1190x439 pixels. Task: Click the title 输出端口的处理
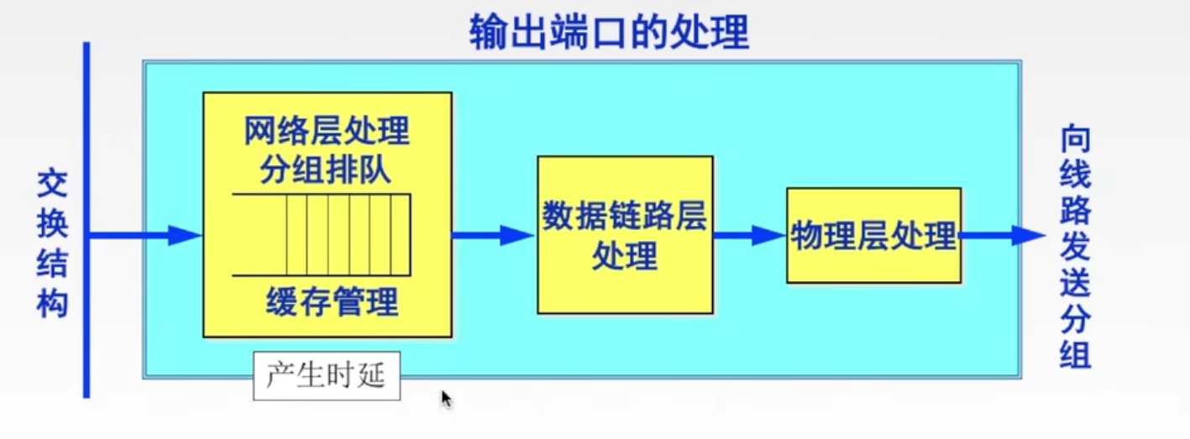(x=608, y=32)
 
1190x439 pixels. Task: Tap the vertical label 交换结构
(x=52, y=245)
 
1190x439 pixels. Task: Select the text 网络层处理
(x=327, y=131)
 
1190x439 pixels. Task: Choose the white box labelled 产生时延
(x=326, y=375)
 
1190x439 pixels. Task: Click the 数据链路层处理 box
(x=625, y=235)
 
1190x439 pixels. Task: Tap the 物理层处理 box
(x=873, y=236)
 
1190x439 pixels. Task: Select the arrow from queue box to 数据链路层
(x=492, y=236)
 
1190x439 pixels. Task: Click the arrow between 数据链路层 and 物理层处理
(x=748, y=236)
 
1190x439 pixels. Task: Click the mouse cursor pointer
(x=446, y=398)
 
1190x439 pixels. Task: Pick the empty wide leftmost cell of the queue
(x=259, y=234)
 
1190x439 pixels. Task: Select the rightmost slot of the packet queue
(x=401, y=234)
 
